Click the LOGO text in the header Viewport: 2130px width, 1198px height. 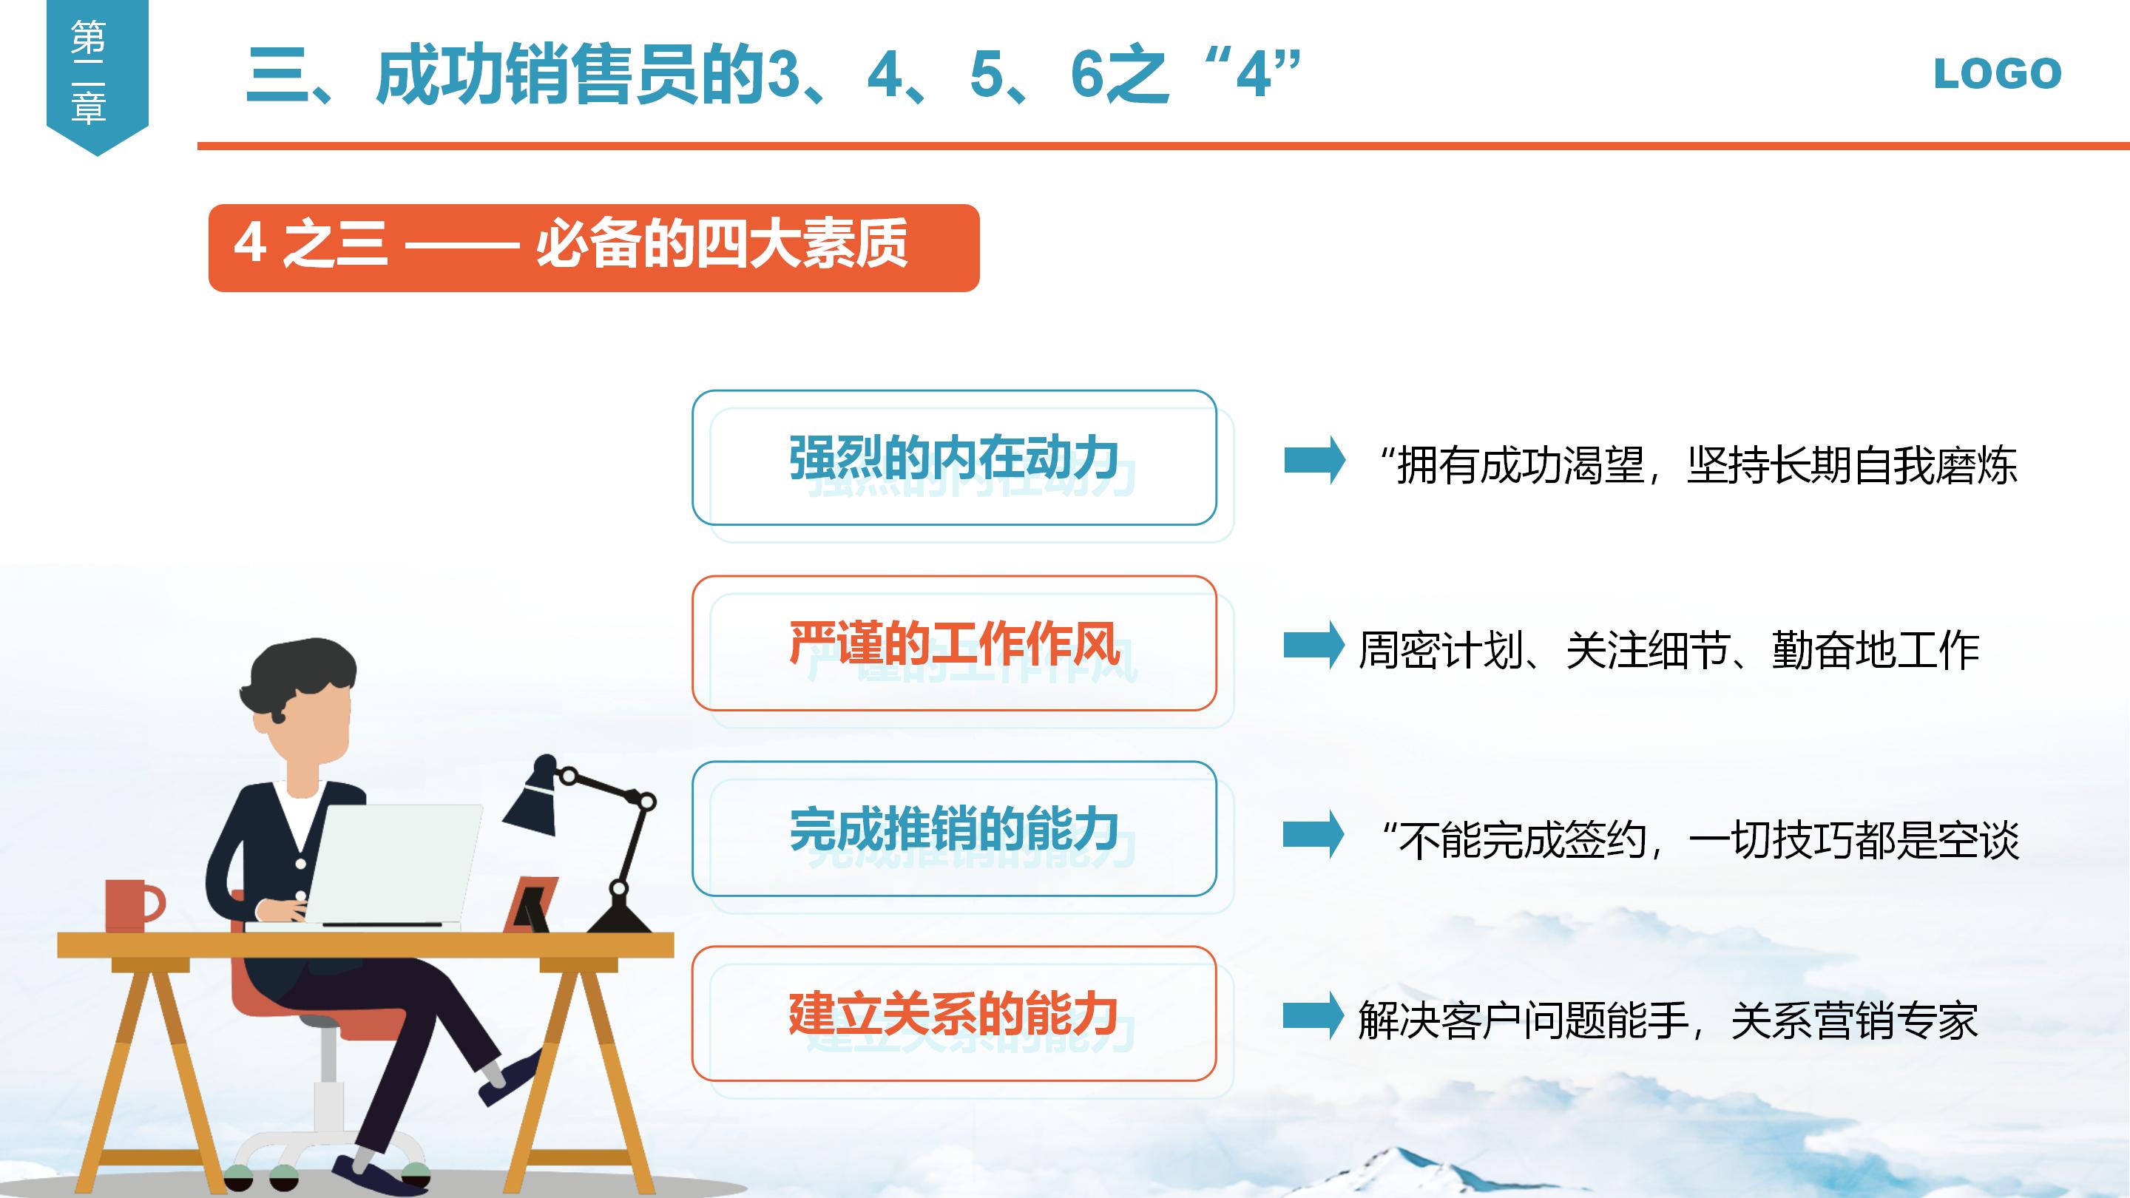[1997, 74]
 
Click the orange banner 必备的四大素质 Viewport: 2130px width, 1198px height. [593, 247]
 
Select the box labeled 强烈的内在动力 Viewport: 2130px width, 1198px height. [953, 457]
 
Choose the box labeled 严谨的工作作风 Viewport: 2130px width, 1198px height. [953, 643]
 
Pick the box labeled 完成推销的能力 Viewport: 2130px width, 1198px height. [953, 828]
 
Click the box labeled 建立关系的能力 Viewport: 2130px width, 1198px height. [953, 1014]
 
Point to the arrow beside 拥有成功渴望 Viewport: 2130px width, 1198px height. [1313, 460]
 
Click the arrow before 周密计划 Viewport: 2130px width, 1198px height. [1313, 645]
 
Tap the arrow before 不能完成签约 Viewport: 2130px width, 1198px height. [1313, 834]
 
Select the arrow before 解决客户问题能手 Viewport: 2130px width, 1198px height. [1313, 1015]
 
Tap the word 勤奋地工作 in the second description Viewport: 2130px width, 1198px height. [1876, 650]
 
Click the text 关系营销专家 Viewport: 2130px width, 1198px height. [1854, 1021]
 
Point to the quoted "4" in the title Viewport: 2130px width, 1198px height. [1253, 75]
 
